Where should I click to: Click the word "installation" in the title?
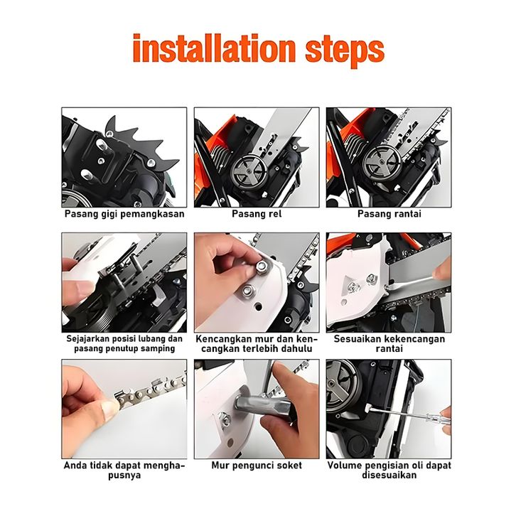pyautogui.click(x=214, y=48)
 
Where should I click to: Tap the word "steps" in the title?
pyautogui.click(x=345, y=51)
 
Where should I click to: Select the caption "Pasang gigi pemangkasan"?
pyautogui.click(x=124, y=214)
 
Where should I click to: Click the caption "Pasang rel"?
pyautogui.click(x=257, y=214)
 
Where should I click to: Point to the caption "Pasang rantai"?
pyautogui.click(x=389, y=214)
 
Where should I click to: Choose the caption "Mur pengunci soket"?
pyautogui.click(x=257, y=466)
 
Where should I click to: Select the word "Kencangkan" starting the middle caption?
pyautogui.click(x=219, y=339)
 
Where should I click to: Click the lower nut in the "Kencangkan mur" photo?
pyautogui.click(x=247, y=291)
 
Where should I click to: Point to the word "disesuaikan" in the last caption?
pyautogui.click(x=389, y=475)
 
